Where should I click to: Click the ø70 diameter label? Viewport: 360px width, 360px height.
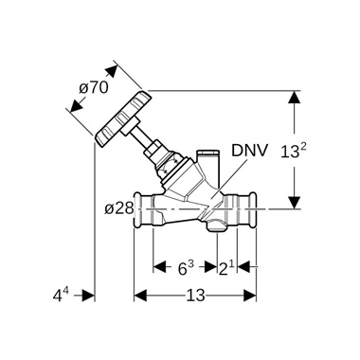[x=94, y=88]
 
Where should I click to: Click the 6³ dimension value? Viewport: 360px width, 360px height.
[x=186, y=268]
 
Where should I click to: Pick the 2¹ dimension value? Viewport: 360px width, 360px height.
[x=227, y=268]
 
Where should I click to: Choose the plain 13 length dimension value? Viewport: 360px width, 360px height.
[x=196, y=296]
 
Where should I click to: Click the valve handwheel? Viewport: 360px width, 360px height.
[x=121, y=115]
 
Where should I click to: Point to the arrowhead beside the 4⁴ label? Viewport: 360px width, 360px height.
[x=89, y=296]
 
